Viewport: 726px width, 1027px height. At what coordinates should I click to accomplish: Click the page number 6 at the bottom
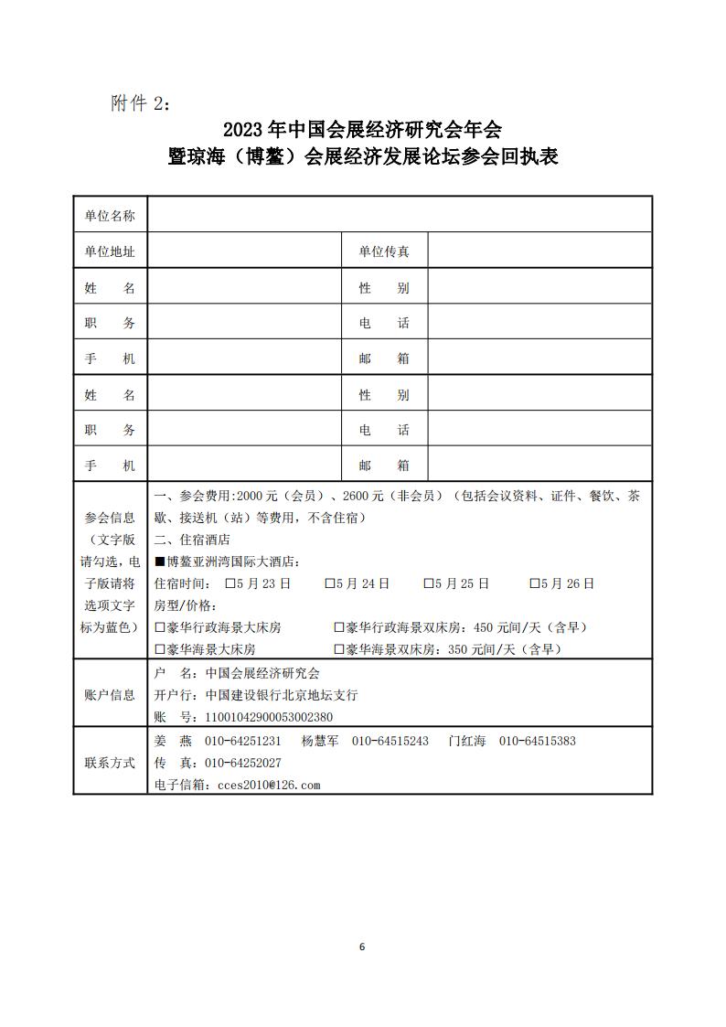(x=362, y=946)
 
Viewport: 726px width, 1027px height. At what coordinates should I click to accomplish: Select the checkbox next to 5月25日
(x=428, y=583)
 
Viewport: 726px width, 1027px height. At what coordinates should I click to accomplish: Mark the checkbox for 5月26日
(x=534, y=583)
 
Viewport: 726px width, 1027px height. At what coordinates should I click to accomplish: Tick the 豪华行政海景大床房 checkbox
(x=160, y=628)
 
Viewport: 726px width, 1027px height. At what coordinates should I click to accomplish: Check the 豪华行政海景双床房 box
(x=339, y=628)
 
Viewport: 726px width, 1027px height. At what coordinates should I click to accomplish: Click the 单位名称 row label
(x=110, y=216)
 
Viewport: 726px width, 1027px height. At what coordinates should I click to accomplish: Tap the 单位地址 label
(x=110, y=251)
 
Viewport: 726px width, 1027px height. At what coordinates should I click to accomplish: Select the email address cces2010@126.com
(x=265, y=785)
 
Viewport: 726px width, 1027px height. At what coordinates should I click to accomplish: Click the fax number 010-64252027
(x=243, y=763)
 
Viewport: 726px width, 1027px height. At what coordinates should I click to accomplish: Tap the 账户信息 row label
(x=110, y=695)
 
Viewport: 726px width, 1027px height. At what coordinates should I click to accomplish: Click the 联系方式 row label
(x=110, y=763)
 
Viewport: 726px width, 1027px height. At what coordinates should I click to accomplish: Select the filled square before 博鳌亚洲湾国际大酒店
(x=160, y=562)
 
